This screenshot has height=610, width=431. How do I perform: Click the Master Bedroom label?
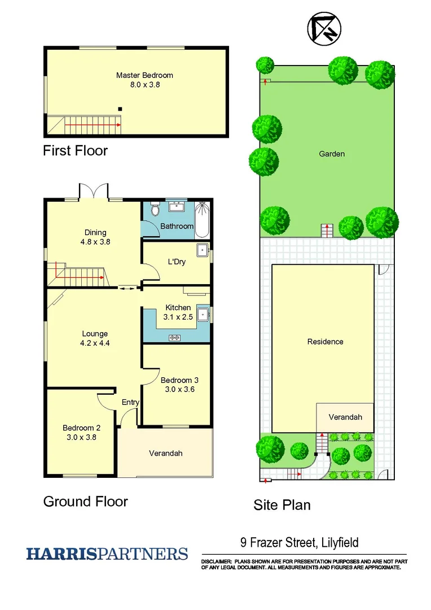144,75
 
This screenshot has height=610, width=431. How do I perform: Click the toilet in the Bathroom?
156,210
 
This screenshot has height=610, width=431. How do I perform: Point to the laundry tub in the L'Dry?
203,250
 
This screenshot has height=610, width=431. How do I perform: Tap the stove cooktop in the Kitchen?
175,338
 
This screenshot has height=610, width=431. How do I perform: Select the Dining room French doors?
94,191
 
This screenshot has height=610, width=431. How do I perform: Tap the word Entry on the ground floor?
130,402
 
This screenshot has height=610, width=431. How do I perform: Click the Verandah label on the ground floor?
165,453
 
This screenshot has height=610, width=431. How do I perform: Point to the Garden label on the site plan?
332,154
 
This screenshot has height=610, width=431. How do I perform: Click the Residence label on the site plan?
325,342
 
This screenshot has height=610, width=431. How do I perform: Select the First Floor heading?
75,151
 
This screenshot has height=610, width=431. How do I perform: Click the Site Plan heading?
282,504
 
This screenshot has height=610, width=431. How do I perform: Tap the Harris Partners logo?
107,554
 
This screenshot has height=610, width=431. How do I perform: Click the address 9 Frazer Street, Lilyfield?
299,543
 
